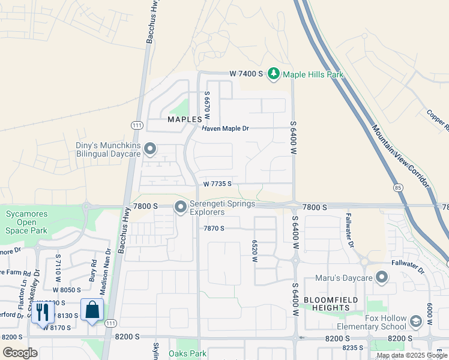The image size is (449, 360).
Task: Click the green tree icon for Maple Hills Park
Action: click(x=274, y=74)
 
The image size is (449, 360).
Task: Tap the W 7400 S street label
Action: click(x=246, y=74)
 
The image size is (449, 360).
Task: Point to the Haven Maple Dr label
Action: click(x=225, y=128)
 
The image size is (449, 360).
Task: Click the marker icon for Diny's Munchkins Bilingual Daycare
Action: click(x=150, y=148)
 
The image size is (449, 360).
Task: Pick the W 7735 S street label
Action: click(x=217, y=184)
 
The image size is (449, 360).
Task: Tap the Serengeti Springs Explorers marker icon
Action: click(x=180, y=208)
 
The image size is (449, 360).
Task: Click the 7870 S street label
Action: click(x=214, y=229)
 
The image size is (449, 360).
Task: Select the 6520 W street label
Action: click(x=255, y=252)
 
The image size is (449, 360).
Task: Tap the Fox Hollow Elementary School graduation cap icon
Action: click(x=415, y=322)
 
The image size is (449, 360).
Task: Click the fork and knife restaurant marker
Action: click(x=42, y=311)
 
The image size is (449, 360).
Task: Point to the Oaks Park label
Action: click(x=188, y=353)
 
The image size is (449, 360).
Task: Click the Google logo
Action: click(x=20, y=352)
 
